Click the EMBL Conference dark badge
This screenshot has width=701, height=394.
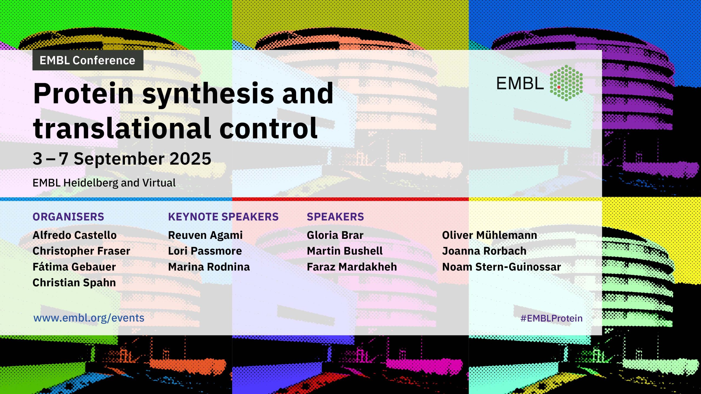[88, 60]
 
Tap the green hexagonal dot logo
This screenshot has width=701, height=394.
[566, 83]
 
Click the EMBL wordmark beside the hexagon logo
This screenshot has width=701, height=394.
[520, 83]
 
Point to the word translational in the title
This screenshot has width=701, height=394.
[122, 128]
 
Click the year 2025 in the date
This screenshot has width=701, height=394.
[191, 159]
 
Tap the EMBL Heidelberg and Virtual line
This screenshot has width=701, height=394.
[104, 183]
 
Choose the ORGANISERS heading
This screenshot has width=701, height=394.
[68, 217]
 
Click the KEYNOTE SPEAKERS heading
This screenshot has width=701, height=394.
[223, 217]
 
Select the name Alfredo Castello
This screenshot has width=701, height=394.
[74, 235]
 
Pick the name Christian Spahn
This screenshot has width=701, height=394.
[74, 283]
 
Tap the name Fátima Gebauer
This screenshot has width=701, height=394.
[74, 267]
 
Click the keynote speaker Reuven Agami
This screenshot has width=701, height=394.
[205, 235]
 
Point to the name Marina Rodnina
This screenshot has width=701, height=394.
[209, 267]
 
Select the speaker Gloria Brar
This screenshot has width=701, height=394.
[335, 235]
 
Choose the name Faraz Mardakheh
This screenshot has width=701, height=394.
[352, 267]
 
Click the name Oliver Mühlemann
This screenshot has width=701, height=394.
[490, 235]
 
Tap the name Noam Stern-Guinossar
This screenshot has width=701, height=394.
[502, 267]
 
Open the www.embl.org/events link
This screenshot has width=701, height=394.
[89, 318]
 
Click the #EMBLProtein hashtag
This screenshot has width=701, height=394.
[551, 318]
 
